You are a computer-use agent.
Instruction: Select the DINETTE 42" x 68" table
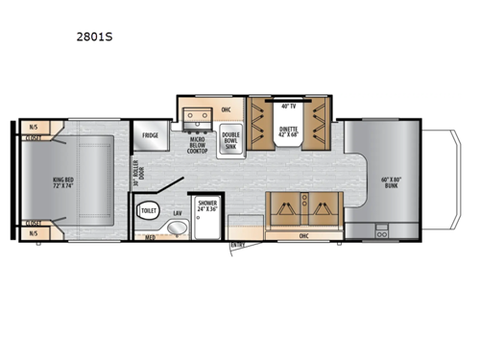[289, 132]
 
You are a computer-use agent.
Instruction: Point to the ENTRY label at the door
[237, 244]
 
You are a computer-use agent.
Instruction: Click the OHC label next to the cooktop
[227, 109]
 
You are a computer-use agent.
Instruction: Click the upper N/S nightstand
[33, 125]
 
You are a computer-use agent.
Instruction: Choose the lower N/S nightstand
[33, 232]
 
